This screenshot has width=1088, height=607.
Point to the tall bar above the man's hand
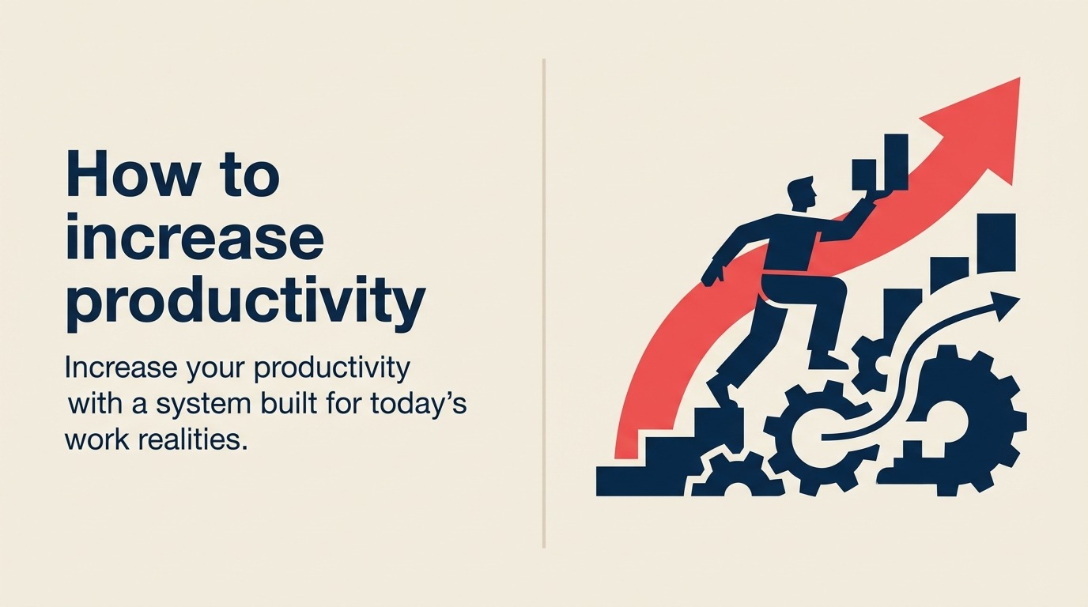(895, 162)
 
